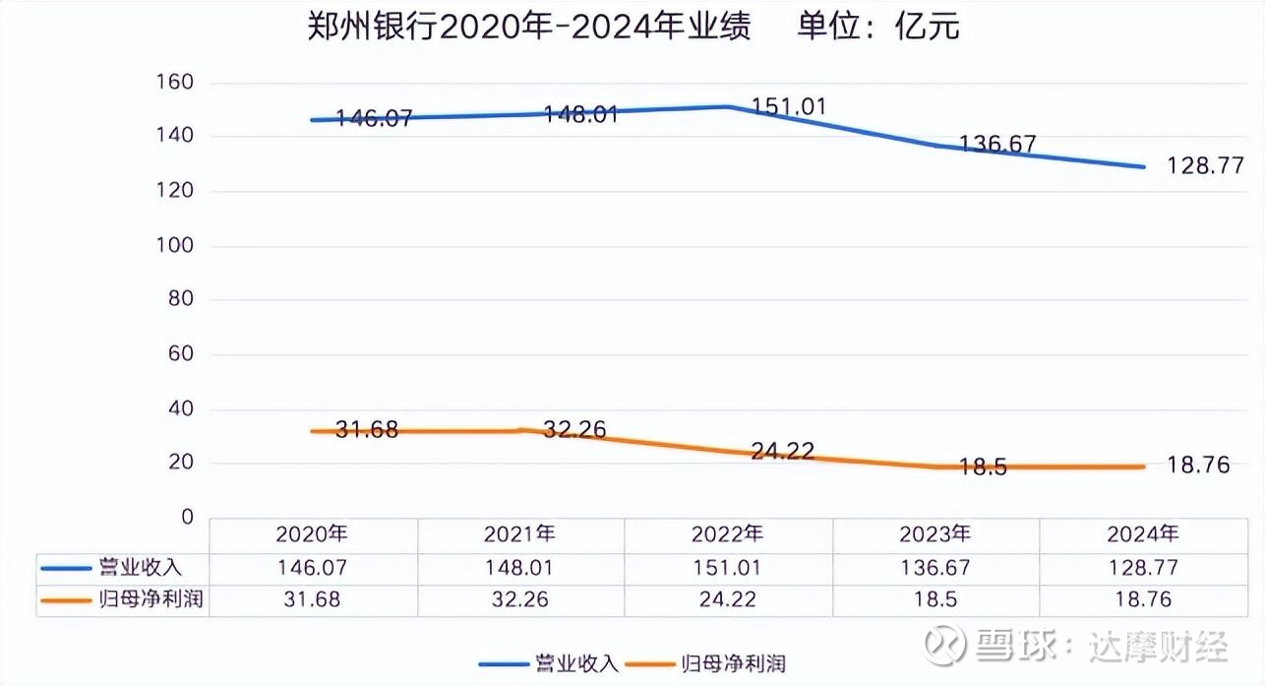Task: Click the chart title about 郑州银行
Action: click(x=632, y=27)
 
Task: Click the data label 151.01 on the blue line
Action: click(x=789, y=106)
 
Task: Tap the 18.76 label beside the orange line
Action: click(x=1198, y=466)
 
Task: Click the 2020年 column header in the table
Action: click(x=312, y=534)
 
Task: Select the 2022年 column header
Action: click(x=727, y=534)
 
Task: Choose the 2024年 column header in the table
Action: click(x=1142, y=534)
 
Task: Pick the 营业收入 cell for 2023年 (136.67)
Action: click(x=934, y=568)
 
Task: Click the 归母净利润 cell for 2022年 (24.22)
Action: click(x=727, y=599)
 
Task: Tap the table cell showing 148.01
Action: click(x=519, y=568)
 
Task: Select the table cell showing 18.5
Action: click(x=934, y=599)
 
